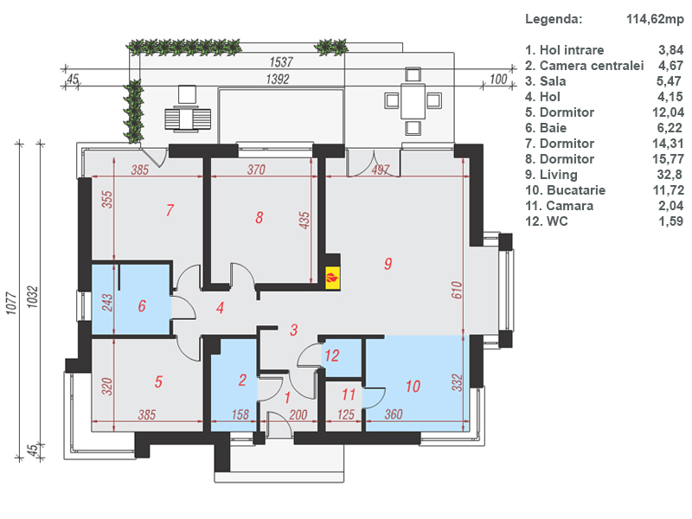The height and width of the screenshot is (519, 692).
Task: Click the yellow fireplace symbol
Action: [333, 278]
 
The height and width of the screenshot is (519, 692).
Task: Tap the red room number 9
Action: [388, 264]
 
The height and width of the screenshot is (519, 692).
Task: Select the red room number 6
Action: [142, 306]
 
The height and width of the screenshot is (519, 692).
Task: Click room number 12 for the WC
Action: [332, 356]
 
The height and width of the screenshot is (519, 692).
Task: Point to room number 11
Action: [349, 394]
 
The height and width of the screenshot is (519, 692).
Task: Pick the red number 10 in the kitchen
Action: [413, 387]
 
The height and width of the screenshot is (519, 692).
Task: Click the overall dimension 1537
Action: [281, 61]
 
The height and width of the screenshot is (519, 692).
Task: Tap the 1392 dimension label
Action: [278, 79]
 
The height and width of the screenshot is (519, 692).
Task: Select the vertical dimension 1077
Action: [11, 304]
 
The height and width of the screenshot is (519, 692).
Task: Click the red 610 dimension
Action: [457, 290]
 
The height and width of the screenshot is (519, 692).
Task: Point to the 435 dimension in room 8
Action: [304, 221]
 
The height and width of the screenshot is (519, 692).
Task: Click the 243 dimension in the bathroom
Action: [107, 303]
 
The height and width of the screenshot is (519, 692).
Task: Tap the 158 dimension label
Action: [240, 415]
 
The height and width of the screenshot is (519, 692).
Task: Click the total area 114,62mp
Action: [655, 19]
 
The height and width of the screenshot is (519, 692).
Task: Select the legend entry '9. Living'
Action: [551, 175]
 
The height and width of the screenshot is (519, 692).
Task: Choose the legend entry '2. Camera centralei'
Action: [585, 66]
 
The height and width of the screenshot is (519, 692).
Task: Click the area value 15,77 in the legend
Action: [668, 159]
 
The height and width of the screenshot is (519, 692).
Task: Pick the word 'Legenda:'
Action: [554, 19]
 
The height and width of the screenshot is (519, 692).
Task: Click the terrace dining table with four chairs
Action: [413, 101]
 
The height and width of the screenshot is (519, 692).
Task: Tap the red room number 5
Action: [158, 381]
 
